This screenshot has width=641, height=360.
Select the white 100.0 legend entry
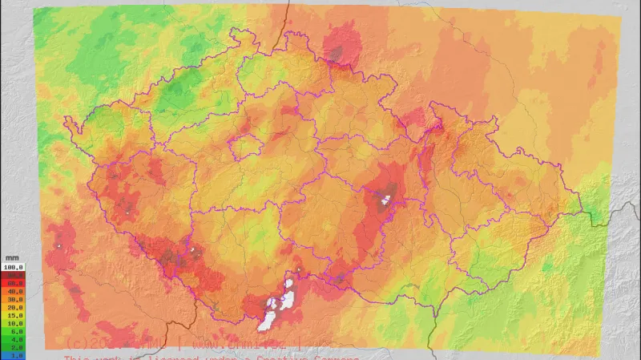coord(14,266)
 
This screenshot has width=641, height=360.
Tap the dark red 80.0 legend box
coord(14,274)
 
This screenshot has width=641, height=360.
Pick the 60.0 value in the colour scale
coord(14,283)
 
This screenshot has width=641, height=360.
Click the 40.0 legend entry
coord(14,291)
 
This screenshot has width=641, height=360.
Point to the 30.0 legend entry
coord(14,299)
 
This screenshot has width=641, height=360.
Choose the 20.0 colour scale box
coord(14,307)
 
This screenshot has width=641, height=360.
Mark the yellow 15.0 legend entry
coord(14,315)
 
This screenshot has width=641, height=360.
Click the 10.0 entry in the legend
coord(14,323)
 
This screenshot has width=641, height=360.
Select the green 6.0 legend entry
coord(14,331)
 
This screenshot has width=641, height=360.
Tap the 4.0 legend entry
coord(14,339)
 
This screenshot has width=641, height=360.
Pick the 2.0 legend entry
coord(14,347)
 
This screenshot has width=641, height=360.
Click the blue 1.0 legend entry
coord(14,355)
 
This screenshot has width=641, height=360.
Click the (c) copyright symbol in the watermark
coord(73,342)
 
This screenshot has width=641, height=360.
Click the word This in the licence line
coord(78,356)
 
